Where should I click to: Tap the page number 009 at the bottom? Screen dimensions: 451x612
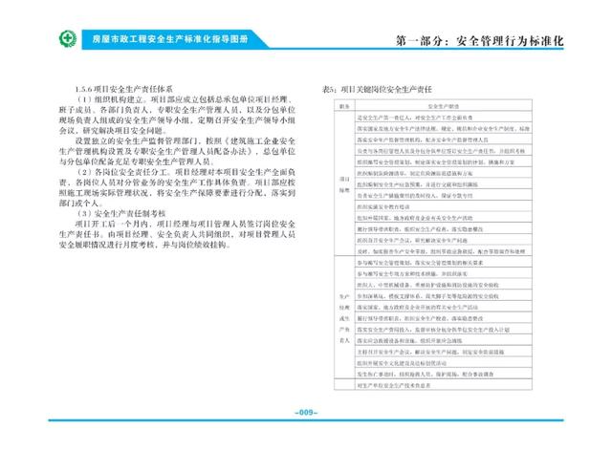[x=305, y=413]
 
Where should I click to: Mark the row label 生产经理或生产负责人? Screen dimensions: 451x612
[x=339, y=316]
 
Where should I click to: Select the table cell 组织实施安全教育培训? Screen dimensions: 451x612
[x=391, y=206]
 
